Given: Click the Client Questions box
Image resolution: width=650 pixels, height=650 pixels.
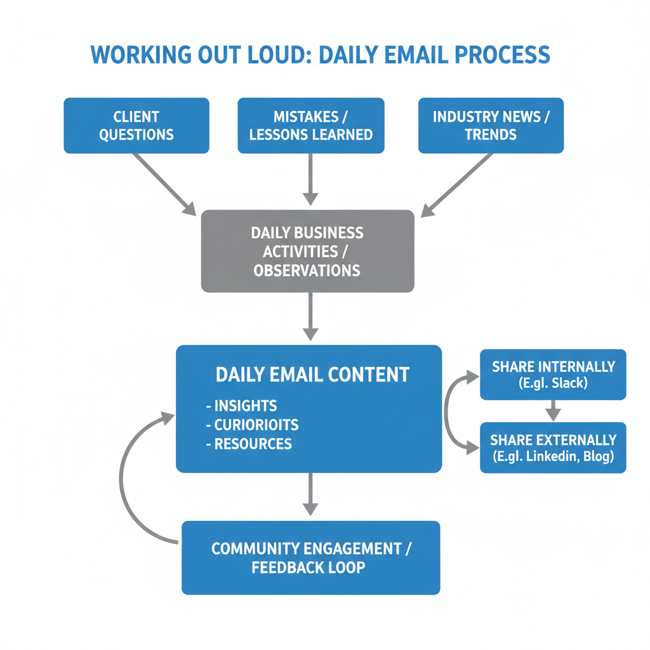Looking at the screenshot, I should point(136,126).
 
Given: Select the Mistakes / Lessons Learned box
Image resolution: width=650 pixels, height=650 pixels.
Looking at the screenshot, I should point(310,126).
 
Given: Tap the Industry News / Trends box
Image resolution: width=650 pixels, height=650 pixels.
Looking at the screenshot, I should point(491,126).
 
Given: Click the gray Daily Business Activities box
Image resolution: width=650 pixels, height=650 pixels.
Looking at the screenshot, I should point(307,251).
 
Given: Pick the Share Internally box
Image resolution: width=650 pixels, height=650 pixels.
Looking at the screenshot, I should point(553,375).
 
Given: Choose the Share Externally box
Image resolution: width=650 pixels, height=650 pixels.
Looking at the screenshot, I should point(553,448).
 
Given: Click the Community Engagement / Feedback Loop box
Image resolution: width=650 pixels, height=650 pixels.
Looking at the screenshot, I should point(310,557).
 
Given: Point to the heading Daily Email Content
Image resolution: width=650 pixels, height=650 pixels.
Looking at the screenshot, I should point(312,375).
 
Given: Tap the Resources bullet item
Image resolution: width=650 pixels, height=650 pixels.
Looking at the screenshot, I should point(252,444).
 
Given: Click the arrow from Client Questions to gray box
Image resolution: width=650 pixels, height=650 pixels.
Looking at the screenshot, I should point(164,183).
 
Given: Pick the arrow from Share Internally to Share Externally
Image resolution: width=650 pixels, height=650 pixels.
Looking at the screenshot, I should point(553,410).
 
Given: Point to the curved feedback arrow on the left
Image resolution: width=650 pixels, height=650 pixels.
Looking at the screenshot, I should point(126,476).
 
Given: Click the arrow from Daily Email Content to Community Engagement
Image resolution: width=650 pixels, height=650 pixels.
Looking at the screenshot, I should point(310,495).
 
